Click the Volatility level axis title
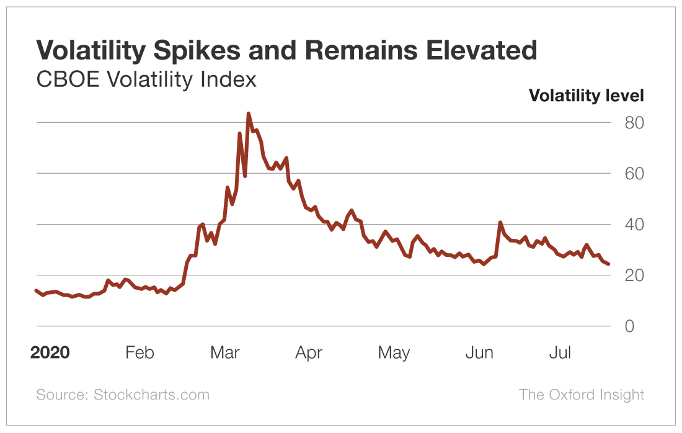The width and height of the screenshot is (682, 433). point(586,96)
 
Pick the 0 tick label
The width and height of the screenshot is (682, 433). point(630,326)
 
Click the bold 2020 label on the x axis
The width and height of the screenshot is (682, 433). point(50,353)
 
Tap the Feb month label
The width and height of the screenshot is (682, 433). point(139,353)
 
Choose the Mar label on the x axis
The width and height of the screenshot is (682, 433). point(224,353)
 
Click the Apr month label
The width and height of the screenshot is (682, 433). point(309,353)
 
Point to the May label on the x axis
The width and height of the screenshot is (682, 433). point(394,353)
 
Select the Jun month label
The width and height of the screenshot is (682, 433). point(479,353)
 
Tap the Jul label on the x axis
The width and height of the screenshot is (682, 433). point(560,353)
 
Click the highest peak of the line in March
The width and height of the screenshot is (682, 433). point(248,114)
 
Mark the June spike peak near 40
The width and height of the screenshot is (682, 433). point(500,222)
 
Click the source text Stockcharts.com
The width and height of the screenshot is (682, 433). point(151,395)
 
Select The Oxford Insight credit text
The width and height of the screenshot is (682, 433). point(582,395)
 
